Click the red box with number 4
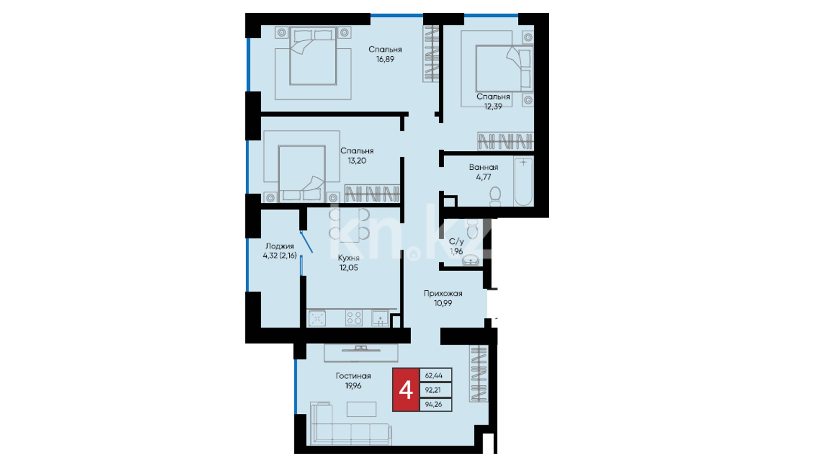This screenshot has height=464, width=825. point(406,390)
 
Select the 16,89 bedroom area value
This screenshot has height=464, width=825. point(385,59)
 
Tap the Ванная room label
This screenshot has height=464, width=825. point(483,167)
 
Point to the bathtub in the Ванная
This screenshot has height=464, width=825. point(523,182)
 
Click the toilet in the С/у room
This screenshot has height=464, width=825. point(472,229)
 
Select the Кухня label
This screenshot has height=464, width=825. point(348,258)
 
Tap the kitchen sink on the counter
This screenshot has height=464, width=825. point(380,318)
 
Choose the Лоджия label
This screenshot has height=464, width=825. point(280,246)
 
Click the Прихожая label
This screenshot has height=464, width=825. point(443,293)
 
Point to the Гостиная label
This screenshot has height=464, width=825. point(353,376)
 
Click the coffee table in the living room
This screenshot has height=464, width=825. point(361,409)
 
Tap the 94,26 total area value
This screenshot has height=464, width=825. point(434,404)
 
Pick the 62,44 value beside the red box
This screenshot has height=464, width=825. point(434,375)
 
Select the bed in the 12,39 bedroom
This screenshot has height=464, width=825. point(504,68)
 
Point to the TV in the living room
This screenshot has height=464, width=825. point(361,348)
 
